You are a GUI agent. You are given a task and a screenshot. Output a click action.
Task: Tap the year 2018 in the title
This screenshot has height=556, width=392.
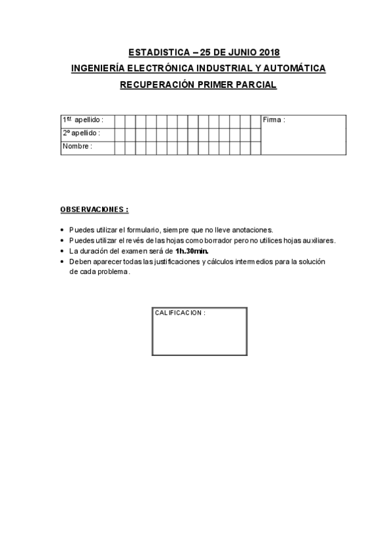pos(266,52)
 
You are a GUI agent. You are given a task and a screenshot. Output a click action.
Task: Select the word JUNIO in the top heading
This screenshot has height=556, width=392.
pos(236,52)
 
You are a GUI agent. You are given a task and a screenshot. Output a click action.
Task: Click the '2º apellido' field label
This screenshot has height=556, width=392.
pos(81,133)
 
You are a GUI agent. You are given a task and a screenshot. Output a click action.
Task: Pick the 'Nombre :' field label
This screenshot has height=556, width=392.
pos(77,146)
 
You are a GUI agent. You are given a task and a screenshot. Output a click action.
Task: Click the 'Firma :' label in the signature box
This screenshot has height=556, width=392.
pos(274,120)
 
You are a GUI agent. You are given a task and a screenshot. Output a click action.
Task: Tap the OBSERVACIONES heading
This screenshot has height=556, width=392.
pos(94,209)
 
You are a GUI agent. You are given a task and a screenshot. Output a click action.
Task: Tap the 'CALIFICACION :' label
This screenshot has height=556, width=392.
pos(179,313)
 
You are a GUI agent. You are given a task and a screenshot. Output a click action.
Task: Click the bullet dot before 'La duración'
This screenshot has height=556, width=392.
pos(62,251)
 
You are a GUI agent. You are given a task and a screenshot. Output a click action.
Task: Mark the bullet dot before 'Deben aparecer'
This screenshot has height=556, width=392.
pos(62,262)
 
